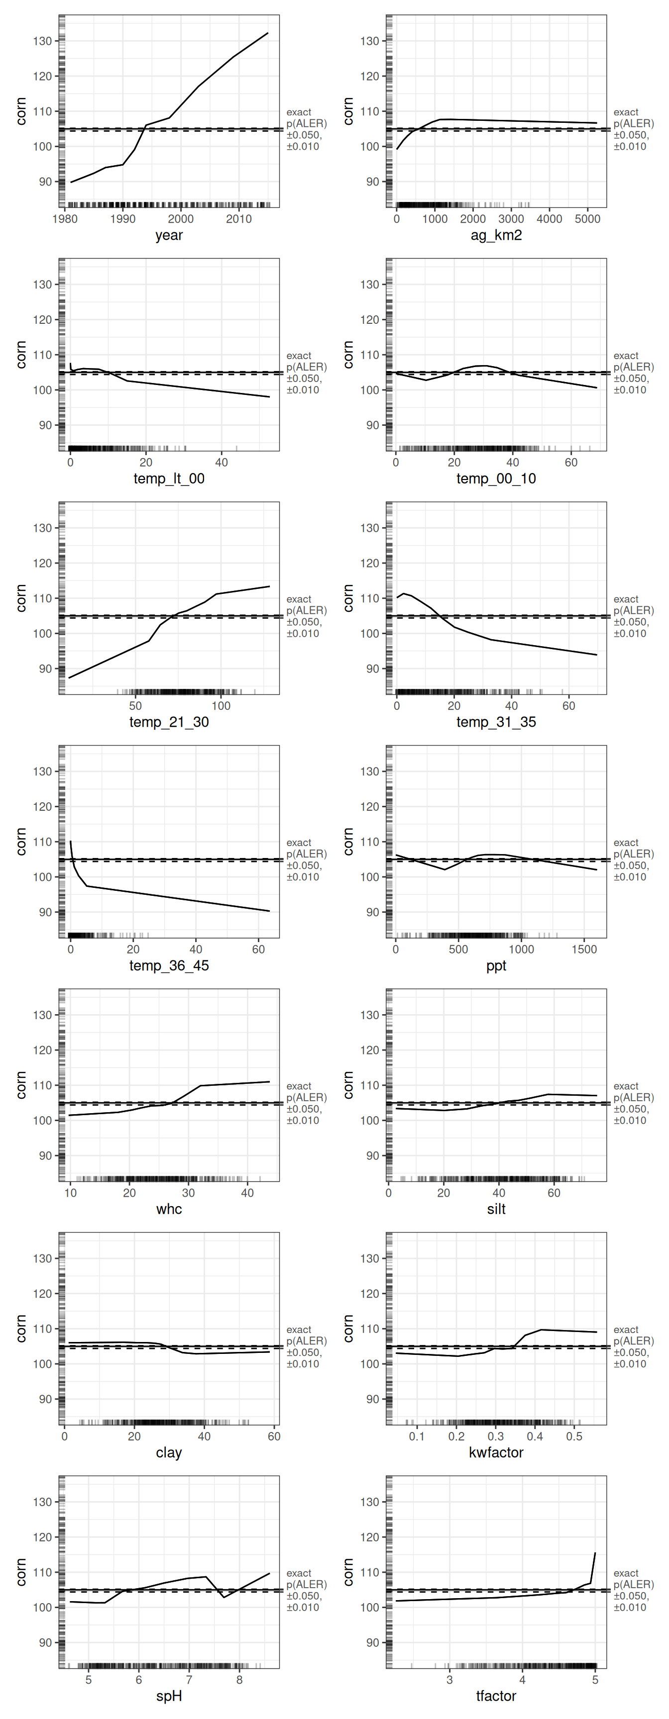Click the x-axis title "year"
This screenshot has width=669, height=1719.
point(169,236)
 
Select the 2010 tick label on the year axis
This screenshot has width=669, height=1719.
point(238,219)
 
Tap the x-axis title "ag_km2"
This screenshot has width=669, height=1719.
point(496,236)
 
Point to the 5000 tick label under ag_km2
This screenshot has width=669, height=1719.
point(587,219)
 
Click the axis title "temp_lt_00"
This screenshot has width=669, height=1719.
point(169,479)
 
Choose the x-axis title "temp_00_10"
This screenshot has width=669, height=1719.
point(496,479)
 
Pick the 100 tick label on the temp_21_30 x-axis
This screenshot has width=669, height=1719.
point(221,706)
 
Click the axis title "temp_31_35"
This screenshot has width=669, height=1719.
point(496,723)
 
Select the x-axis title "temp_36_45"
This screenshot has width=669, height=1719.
point(169,966)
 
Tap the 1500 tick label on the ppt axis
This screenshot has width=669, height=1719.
point(584,950)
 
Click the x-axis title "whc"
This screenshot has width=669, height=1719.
point(169,1210)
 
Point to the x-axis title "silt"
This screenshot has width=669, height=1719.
point(496,1210)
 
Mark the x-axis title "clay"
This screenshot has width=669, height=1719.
point(169,1453)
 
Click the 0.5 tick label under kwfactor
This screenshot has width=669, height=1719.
point(574,1436)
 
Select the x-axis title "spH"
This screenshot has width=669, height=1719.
point(169,1697)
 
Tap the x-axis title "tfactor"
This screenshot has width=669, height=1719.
point(496,1697)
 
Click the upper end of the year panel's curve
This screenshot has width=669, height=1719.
point(268,33)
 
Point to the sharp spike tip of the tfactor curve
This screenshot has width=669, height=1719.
point(595,1553)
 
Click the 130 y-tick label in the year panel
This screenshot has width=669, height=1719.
point(43,41)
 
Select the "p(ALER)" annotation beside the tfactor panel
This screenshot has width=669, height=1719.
point(634,1585)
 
